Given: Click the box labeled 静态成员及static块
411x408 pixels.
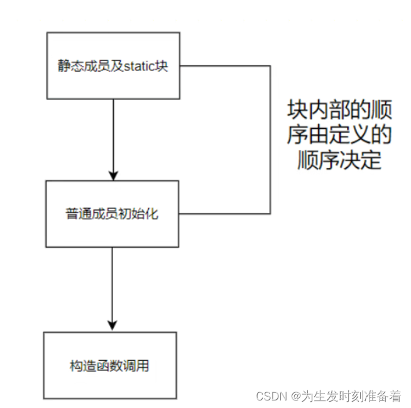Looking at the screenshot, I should tap(113, 65).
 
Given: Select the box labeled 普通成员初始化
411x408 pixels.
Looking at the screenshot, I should tap(113, 214).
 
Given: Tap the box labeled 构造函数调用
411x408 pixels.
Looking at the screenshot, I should tap(109, 365).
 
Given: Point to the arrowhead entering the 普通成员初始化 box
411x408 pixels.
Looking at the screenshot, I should tap(113, 175).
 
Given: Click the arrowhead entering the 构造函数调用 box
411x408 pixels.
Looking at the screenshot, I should tap(112, 326).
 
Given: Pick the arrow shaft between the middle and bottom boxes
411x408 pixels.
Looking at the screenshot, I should tap(112, 286).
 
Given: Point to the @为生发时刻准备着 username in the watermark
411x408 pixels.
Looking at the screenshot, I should tap(346, 396).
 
